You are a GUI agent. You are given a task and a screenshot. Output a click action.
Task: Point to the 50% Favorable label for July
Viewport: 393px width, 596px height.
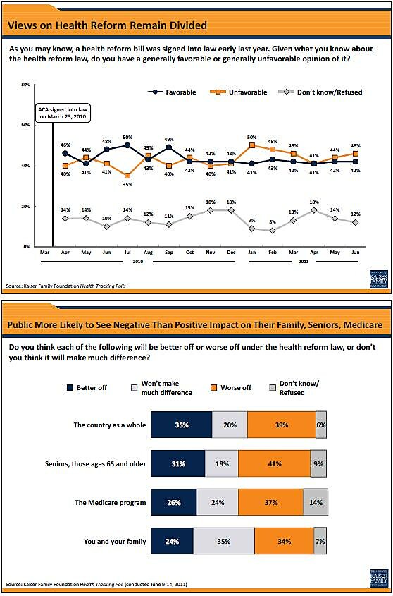point(127,137)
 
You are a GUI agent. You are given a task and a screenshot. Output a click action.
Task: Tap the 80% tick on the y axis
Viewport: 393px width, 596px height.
point(25,85)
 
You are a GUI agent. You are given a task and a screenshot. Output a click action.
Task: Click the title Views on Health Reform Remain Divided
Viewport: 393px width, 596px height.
point(107,26)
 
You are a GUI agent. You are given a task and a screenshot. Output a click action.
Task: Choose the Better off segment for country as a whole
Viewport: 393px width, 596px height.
point(181,425)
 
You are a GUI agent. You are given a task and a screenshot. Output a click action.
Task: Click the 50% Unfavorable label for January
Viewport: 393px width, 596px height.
point(251,137)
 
